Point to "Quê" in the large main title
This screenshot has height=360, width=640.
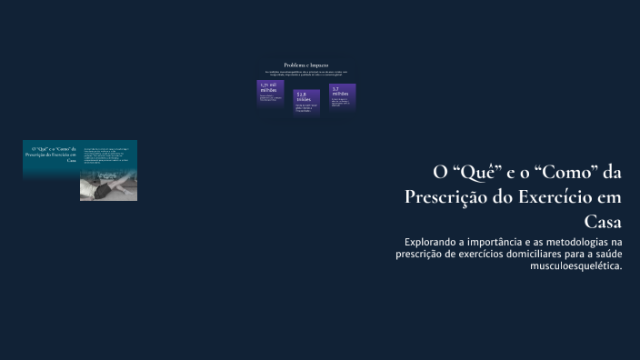pos(472,172)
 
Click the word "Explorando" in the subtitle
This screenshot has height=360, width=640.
pos(435,243)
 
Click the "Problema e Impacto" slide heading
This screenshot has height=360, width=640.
pos(306,65)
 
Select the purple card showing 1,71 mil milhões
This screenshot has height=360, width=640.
pos(270,95)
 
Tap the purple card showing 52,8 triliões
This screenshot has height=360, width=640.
pos(306,103)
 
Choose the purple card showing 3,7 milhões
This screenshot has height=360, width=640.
pos(342,96)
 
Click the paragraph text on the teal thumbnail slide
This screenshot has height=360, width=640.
pos(108,155)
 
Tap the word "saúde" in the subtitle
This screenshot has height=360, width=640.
pos(604,255)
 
